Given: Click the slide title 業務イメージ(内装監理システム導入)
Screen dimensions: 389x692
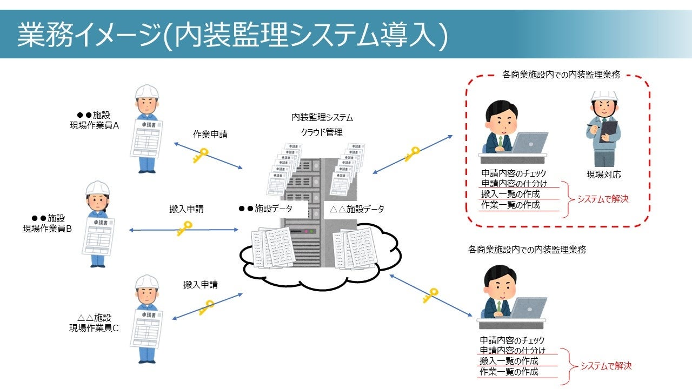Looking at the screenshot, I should [x=232, y=35].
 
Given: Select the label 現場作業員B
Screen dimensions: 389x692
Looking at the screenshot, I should [x=48, y=228].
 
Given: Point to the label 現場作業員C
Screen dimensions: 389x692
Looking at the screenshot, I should [x=94, y=327].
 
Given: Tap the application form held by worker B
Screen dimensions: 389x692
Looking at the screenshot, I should [x=98, y=243].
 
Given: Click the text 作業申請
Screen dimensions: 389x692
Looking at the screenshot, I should [x=210, y=135].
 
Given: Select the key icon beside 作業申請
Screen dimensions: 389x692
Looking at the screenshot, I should [x=199, y=156].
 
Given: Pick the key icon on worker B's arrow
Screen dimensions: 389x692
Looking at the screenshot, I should [x=184, y=229].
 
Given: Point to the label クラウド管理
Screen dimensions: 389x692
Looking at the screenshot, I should [x=322, y=132].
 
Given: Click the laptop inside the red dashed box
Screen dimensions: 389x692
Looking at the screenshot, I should [x=528, y=143].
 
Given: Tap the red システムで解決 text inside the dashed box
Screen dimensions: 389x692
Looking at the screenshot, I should [x=603, y=199].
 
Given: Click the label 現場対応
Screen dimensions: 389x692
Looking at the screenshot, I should [x=603, y=175].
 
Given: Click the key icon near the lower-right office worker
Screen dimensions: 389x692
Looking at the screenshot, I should [x=430, y=295].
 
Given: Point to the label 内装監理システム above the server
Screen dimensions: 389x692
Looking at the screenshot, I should [x=322, y=117].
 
